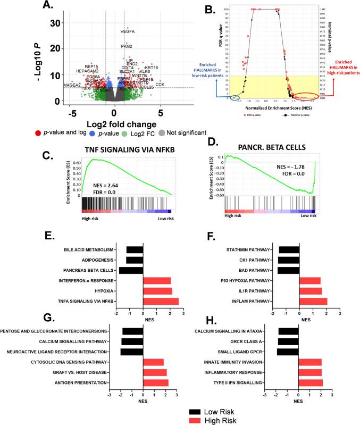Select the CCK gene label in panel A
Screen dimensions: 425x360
click(x=160, y=85)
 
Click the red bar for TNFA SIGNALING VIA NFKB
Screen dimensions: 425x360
click(x=161, y=301)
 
